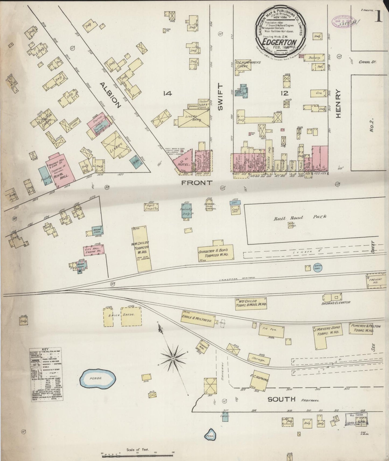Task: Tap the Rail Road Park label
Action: tap(300, 217)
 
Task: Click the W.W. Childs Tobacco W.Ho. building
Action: tap(142, 248)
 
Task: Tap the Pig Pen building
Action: tap(272, 329)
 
